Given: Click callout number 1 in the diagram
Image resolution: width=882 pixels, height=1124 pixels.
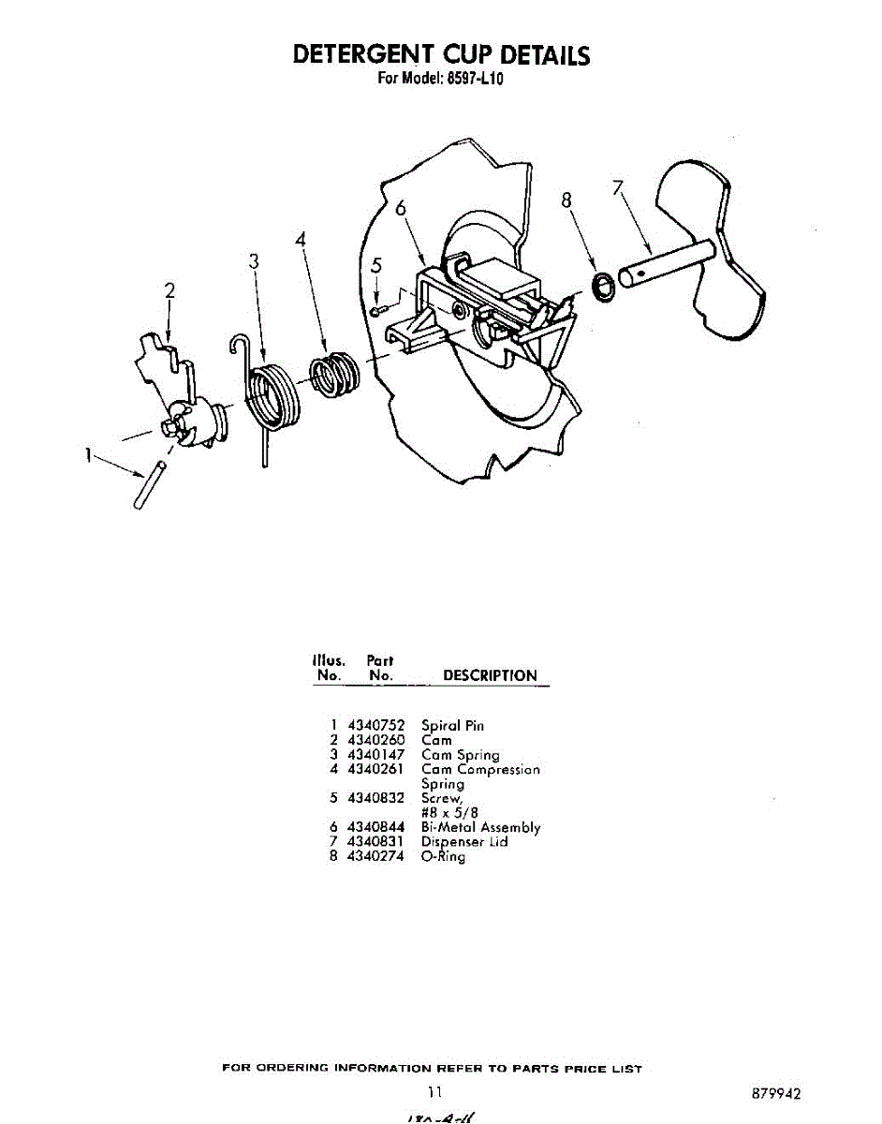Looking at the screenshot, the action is tap(87, 456).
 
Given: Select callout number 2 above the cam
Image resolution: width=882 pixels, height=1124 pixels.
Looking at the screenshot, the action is tap(169, 291).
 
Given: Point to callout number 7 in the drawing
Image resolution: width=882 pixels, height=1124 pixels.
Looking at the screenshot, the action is tap(617, 188).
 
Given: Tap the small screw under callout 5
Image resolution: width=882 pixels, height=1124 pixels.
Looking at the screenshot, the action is tap(375, 310).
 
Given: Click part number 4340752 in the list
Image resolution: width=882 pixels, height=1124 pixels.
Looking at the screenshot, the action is tap(375, 725).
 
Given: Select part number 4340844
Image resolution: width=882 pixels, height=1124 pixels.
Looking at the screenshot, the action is tap(375, 827).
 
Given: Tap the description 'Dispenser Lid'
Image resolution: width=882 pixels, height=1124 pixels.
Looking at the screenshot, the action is tap(464, 842).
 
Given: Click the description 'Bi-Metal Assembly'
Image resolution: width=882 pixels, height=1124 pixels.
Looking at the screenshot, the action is tap(480, 827).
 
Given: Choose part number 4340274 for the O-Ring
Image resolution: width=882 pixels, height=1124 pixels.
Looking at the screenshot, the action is tap(375, 856).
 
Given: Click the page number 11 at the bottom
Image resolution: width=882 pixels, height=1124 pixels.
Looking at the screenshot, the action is tap(434, 1091).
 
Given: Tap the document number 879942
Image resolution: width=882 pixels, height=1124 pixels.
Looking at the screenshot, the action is tap(775, 1093).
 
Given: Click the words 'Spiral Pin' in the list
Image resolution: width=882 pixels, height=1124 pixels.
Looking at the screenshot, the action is tap(452, 725).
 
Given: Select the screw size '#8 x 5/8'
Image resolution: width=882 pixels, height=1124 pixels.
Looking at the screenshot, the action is tap(450, 813).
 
